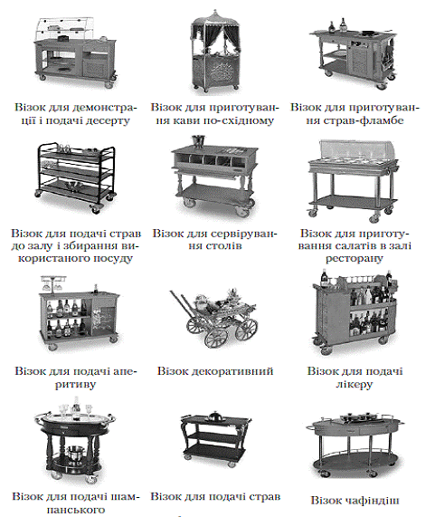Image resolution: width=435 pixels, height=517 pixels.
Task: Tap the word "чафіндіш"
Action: [x=373, y=501]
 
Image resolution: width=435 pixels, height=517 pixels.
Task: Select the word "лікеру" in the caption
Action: [x=355, y=385]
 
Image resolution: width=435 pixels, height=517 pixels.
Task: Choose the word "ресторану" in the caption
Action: [x=355, y=259]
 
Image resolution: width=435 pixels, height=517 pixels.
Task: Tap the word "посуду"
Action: [x=113, y=258]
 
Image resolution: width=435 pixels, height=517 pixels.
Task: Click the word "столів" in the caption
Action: [x=224, y=245]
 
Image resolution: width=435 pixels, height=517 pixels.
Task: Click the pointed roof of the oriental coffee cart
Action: [x=215, y=17]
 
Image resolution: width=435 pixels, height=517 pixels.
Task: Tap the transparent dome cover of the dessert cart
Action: [x=66, y=29]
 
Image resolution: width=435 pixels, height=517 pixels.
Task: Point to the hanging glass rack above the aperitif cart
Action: [x=52, y=284]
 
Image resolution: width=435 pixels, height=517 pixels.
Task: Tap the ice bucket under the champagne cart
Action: [x=75, y=453]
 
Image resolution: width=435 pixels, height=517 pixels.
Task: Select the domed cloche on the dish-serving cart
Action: [x=215, y=416]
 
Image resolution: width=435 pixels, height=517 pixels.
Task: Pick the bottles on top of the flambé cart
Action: [x=338, y=25]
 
